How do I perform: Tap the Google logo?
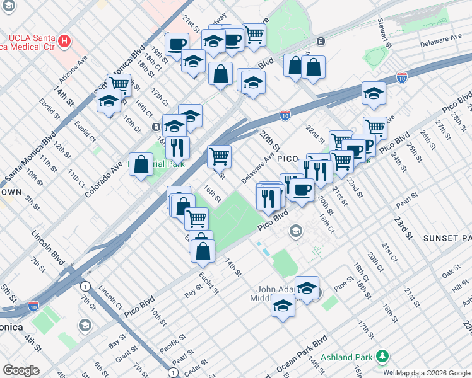(x=20, y=370)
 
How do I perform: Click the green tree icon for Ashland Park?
(x=381, y=357)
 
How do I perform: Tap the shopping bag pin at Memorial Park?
(x=141, y=165)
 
